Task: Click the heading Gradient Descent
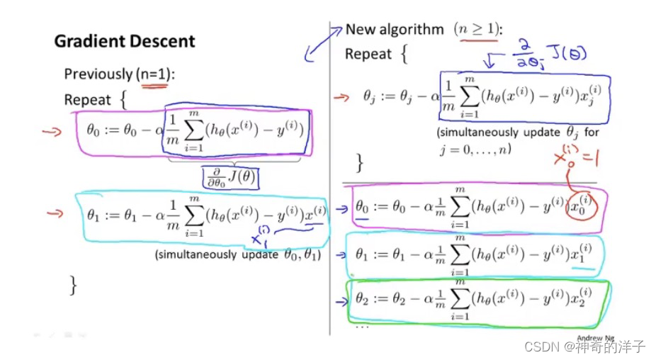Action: click(x=124, y=41)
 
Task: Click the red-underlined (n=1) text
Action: click(x=155, y=74)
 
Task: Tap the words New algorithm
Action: click(x=395, y=30)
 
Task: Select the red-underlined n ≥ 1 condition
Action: click(x=477, y=30)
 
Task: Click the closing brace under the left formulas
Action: click(x=73, y=285)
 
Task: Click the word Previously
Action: click(x=98, y=74)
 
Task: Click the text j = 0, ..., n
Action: click(x=475, y=150)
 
